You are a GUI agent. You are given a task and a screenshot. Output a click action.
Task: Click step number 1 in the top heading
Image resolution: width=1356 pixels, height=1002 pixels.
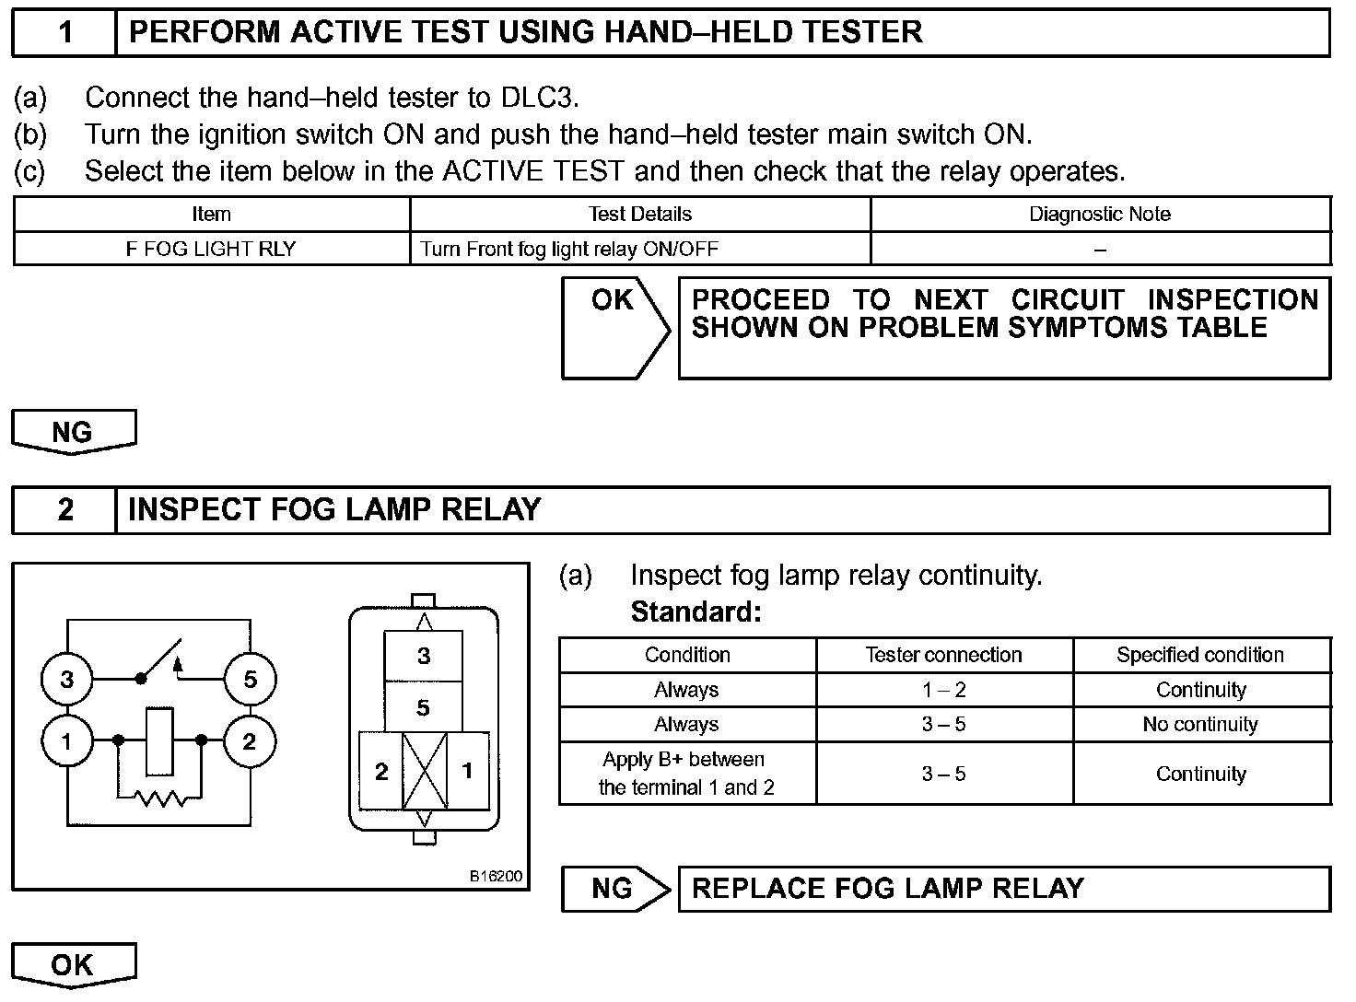[x=65, y=32]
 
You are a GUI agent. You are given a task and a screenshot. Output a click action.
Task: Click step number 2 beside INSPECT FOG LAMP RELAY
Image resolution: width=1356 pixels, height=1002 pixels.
[x=65, y=509]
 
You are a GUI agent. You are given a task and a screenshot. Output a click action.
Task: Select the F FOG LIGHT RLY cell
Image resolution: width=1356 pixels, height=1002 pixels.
[x=211, y=249]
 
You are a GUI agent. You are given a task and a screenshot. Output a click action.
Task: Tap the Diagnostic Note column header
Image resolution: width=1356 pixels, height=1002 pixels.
[x=1100, y=215]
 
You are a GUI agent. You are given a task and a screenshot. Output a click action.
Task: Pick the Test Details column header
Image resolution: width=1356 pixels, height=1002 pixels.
[x=639, y=215]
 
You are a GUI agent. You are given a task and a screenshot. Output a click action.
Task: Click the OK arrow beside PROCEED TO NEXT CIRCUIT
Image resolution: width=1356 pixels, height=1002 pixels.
[x=615, y=327]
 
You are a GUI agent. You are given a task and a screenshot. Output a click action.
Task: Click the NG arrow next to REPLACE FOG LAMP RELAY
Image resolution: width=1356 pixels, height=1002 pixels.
[x=614, y=889]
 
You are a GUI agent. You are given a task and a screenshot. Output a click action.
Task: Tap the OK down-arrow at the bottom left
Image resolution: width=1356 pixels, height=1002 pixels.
[x=73, y=964]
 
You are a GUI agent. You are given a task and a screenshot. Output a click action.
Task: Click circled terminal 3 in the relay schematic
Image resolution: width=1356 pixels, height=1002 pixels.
[x=67, y=680]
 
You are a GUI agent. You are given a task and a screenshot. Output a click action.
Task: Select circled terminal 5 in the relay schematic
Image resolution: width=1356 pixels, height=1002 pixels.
[x=250, y=680]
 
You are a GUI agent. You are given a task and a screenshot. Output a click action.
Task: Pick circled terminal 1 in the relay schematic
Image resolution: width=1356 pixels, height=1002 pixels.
[x=67, y=740]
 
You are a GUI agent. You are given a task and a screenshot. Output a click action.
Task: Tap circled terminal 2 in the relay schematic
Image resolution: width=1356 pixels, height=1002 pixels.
[x=250, y=740]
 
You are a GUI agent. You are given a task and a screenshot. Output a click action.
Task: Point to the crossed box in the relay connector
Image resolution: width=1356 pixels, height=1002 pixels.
[x=425, y=771]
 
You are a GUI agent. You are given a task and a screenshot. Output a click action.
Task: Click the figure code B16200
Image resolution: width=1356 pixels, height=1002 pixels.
[x=497, y=876]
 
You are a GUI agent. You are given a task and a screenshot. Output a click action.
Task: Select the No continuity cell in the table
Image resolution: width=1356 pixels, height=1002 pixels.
[x=1200, y=725]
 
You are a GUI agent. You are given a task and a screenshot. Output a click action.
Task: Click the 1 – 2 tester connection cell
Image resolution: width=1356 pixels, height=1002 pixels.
[x=943, y=690]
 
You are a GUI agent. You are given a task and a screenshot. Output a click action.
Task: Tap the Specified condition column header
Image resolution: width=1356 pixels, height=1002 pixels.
[x=1200, y=655]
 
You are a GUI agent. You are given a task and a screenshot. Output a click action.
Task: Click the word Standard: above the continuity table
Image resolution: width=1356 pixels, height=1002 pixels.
[x=696, y=612]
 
